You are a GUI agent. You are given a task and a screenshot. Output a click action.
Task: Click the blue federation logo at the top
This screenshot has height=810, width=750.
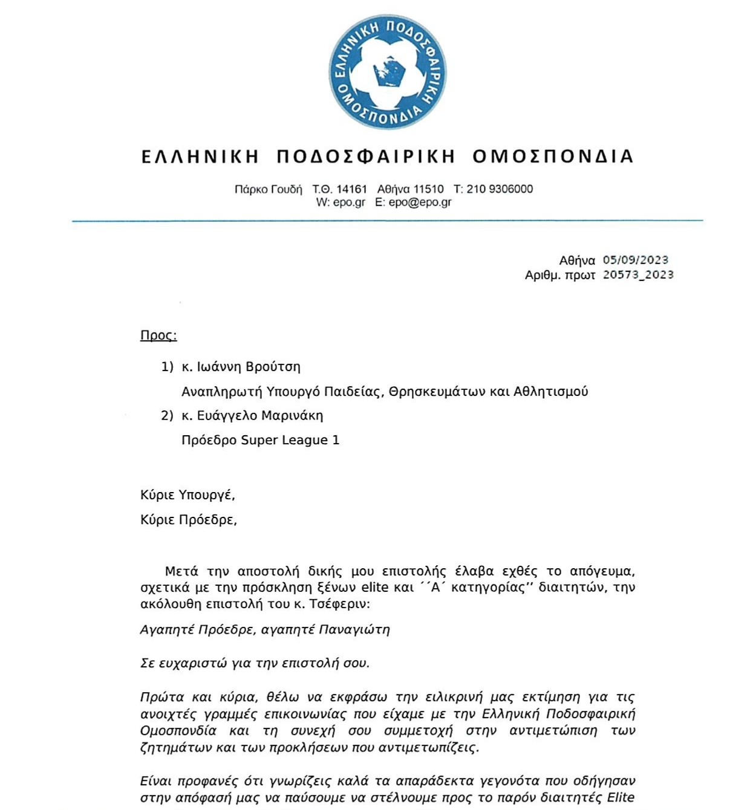coord(387,71)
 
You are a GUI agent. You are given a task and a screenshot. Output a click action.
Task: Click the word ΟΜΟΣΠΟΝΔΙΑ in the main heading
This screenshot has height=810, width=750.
coord(553,157)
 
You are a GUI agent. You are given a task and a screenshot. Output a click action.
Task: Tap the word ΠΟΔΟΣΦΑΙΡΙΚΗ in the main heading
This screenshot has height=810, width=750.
coord(365,157)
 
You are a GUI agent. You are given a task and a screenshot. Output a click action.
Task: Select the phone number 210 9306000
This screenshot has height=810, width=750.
coord(500,189)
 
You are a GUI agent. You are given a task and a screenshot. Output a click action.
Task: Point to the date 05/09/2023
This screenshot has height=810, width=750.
coord(635,260)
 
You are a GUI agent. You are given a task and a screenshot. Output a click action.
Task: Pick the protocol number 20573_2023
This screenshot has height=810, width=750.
coord(638,274)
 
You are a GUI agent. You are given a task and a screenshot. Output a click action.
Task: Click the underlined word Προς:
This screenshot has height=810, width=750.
coord(158,335)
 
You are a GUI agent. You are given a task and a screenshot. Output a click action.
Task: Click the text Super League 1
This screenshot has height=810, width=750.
coord(290,440)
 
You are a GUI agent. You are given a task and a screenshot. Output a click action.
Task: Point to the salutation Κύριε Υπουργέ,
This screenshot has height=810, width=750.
coord(187,495)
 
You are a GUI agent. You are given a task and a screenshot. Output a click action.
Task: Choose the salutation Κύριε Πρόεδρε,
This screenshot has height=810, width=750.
coord(189,520)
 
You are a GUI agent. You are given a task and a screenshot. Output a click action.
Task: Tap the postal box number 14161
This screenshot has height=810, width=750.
coord(351,189)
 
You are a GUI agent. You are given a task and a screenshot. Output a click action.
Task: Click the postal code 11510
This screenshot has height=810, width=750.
coord(428,189)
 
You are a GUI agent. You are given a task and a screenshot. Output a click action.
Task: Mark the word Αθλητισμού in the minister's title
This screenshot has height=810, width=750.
coord(550,392)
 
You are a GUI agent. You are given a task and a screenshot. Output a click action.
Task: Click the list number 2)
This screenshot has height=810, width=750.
coord(167,416)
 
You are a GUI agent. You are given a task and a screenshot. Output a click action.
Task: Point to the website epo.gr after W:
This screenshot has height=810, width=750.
coord(349,202)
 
